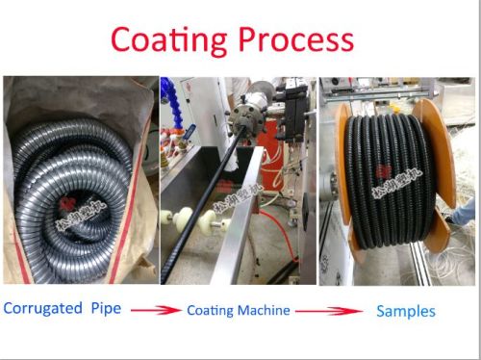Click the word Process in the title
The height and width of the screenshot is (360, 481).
(291, 39)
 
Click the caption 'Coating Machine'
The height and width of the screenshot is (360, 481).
(239, 311)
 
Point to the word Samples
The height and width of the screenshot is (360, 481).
(405, 311)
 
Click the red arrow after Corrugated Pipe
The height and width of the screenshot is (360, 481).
(156, 311)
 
